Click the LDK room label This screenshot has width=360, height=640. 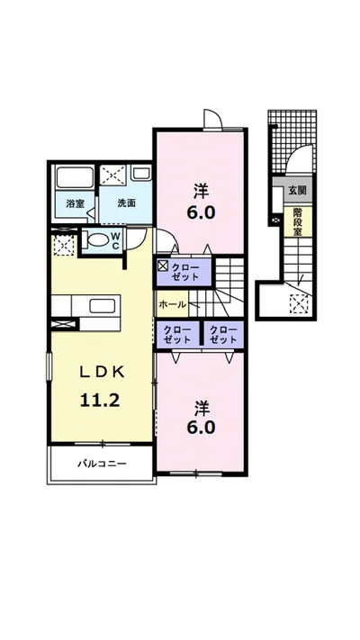[101, 372]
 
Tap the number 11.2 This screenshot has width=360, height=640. [100, 401]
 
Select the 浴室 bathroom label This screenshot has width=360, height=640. [75, 203]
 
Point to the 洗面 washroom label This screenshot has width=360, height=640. [126, 203]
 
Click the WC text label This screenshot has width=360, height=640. [115, 241]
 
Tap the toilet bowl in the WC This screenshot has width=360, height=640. [97, 241]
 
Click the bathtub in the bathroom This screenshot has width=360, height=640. [75, 177]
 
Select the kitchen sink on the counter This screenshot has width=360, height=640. [102, 306]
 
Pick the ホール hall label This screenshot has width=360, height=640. [172, 304]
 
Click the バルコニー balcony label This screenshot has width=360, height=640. [102, 464]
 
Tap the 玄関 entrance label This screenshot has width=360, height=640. [298, 190]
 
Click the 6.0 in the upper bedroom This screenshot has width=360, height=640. [201, 212]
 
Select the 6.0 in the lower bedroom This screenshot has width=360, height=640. [201, 428]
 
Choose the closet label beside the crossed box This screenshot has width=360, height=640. [184, 272]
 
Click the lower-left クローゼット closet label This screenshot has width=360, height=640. [177, 334]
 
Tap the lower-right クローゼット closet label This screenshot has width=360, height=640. [223, 334]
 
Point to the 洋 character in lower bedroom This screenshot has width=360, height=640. [202, 407]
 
